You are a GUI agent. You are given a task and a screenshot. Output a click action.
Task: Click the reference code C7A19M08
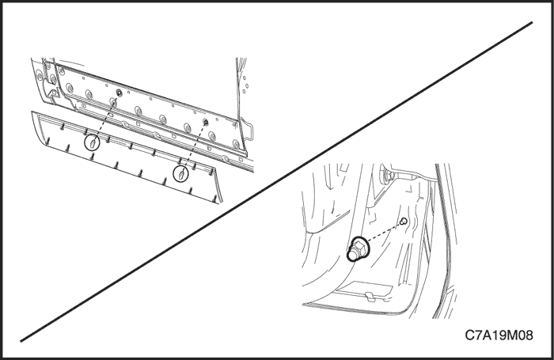pos(499,335)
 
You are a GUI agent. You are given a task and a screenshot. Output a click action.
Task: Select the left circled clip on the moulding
pos(93,142)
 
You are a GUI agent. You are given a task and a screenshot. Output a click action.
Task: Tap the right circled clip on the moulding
pos(181,174)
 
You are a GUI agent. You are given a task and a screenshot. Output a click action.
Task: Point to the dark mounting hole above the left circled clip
pos(119,93)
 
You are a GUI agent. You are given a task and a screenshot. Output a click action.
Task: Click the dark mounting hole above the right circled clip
pos(205,122)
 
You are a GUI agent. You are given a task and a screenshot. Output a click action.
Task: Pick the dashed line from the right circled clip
pos(193,148)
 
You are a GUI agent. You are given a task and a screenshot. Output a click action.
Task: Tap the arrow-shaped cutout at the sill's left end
pos(49,89)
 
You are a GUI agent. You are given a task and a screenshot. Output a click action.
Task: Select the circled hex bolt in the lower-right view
pos(358,248)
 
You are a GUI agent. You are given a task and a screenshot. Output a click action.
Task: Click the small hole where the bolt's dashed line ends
pos(404,222)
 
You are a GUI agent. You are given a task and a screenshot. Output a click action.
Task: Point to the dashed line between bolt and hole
pos(385,233)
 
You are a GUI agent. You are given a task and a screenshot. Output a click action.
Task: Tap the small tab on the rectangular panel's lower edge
pos(370,296)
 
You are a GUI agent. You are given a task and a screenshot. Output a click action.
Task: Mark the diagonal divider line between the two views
pos(276,182)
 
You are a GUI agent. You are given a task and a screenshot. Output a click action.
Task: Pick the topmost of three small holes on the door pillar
pos(244,78)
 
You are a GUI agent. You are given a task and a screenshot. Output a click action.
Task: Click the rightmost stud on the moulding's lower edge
pos(214,199)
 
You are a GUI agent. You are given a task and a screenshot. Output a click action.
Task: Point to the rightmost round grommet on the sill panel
pos(236,144)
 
